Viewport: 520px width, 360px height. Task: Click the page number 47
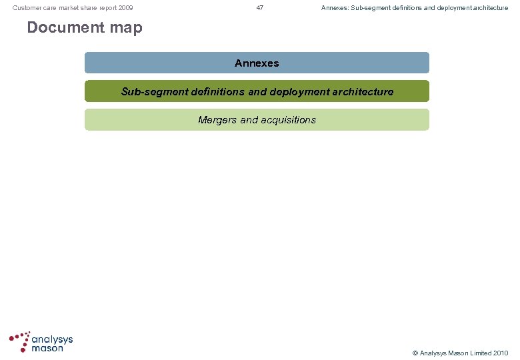coord(260,8)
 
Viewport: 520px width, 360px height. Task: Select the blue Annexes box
coord(257,63)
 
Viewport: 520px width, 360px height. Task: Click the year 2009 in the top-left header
coord(125,8)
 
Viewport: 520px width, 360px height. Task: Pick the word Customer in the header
coord(28,8)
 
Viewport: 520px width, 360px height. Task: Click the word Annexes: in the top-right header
coord(335,8)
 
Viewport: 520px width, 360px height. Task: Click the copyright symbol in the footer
coord(415,353)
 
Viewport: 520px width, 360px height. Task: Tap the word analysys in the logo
coord(53,339)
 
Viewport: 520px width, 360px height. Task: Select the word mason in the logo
coord(47,348)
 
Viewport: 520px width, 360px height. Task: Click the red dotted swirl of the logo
coord(21,340)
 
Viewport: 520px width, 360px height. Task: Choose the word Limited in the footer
coord(475,353)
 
